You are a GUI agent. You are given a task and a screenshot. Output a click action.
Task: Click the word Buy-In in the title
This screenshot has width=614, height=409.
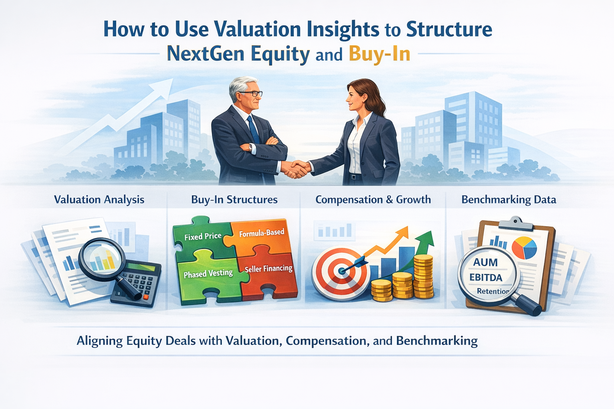379,54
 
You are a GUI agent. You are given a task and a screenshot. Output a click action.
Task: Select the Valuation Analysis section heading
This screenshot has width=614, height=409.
99,200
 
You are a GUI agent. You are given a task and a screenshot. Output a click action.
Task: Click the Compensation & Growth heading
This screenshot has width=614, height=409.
373,200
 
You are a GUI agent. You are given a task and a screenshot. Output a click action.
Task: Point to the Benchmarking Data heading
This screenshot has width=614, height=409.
508,200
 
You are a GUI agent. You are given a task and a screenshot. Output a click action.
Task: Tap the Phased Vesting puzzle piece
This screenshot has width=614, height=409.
208,274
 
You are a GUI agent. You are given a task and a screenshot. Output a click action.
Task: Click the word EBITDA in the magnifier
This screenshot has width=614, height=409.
486,277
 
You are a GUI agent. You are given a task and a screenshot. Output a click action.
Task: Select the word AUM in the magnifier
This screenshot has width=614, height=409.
485,262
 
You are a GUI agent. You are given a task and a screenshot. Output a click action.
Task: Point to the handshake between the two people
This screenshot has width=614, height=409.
296,169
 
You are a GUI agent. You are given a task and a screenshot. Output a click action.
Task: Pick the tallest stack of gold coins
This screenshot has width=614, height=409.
423,276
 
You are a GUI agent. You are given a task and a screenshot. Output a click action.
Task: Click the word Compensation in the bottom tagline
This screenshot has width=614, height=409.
326,341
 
